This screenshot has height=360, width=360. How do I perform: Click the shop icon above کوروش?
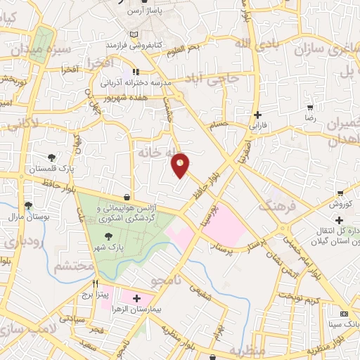point(340,193)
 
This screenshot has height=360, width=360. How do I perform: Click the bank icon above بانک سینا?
point(344,313)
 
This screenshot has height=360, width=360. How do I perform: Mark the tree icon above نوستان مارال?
point(29,205)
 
